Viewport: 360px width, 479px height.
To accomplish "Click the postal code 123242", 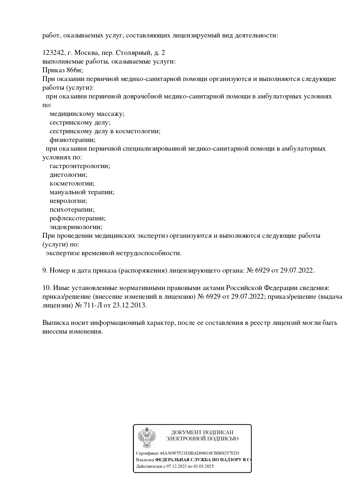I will pos(54,53).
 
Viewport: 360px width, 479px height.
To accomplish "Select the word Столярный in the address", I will pos(133,53).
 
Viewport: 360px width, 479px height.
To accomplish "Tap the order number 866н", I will pos(72,70).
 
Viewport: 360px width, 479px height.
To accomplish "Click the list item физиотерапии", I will pos(72,140).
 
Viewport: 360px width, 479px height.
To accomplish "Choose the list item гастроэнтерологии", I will pos(80,166).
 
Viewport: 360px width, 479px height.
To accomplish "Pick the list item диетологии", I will pos(68,175).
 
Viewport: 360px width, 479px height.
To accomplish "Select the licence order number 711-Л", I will pos(93,305).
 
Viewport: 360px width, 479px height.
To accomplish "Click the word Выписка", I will pos(55,323).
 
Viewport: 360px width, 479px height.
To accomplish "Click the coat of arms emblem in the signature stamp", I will pos(147,437).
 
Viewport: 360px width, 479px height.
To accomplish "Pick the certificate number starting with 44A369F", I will pos(199,453).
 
